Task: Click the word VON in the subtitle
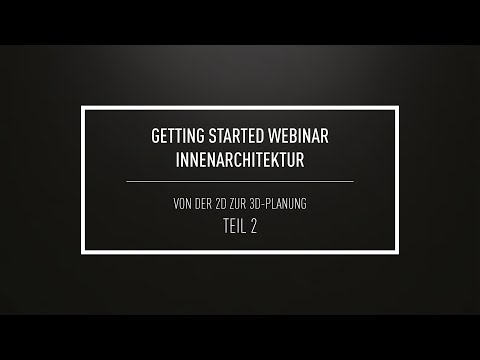pos(184,204)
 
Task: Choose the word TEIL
pos(231,226)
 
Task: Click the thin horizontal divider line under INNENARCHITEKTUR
pos(240,181)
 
